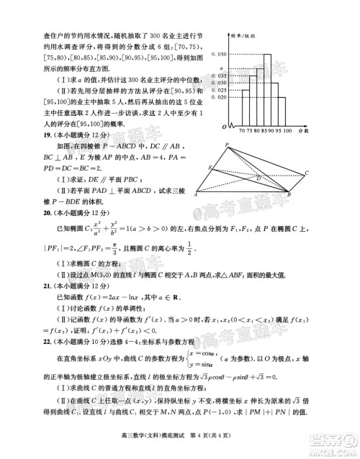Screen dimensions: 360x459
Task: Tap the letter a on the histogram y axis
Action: (x=221, y=67)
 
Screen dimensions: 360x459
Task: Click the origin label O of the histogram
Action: (x=225, y=129)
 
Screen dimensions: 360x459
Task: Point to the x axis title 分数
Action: (x=302, y=130)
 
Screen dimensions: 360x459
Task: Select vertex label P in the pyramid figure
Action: (x=228, y=144)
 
